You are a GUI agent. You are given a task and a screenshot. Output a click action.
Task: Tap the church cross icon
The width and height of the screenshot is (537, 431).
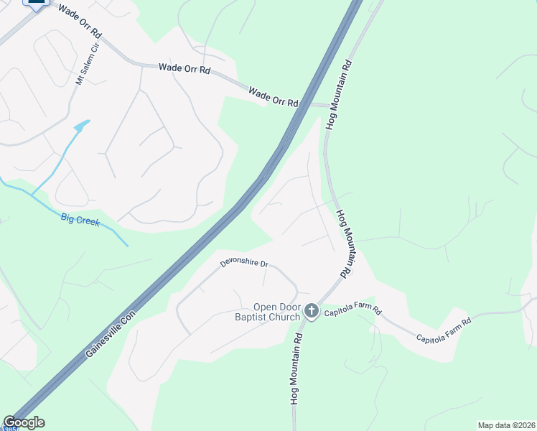(x=311, y=311)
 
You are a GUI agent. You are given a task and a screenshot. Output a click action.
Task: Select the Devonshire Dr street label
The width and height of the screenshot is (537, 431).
(x=244, y=264)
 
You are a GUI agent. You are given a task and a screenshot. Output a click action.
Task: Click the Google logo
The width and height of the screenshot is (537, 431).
(x=23, y=422)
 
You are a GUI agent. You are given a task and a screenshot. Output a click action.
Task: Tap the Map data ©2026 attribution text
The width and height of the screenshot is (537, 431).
(x=506, y=425)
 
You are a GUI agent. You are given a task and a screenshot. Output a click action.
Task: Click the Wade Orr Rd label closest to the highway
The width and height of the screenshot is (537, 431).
(x=273, y=96)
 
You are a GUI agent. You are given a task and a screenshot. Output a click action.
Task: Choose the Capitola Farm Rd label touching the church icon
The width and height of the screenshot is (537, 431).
(x=352, y=312)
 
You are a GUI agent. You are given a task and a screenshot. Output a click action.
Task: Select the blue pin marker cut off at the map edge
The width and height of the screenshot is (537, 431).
(x=34, y=4)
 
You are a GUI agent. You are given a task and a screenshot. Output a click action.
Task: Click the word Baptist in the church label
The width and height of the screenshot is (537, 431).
(x=256, y=317)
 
